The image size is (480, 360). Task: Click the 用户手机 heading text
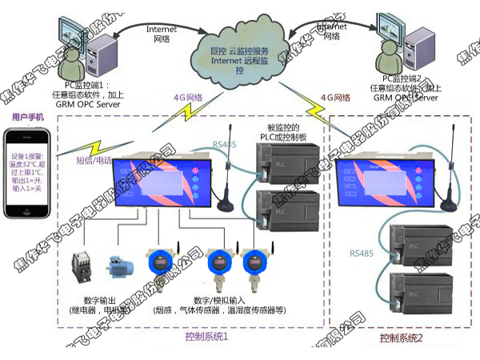pos(27,118)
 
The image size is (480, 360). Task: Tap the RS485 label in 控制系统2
pos(361,253)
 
